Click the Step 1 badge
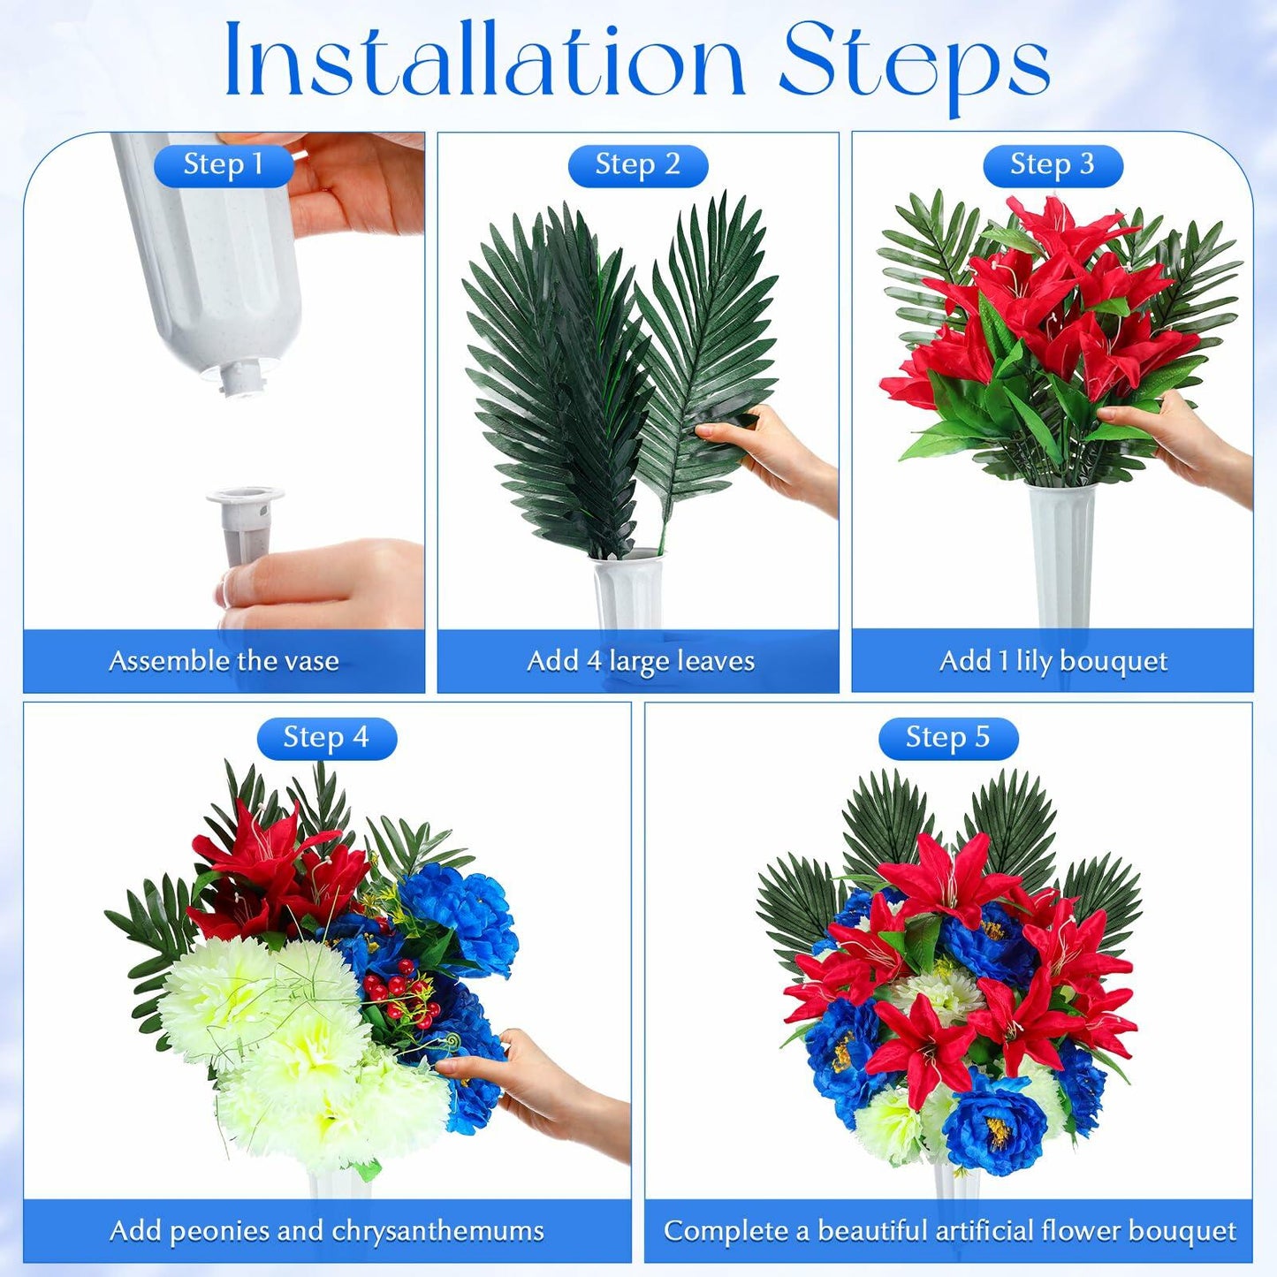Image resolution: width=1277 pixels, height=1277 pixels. [224, 165]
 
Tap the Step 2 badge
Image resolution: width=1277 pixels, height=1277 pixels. [637, 165]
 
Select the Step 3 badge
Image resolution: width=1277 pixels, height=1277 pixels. [1053, 165]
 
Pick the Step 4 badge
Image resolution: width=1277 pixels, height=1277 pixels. [327, 738]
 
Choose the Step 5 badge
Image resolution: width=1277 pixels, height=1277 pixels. [948, 738]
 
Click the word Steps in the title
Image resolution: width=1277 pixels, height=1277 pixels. [915, 66]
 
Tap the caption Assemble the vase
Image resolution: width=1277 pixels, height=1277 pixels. [224, 661]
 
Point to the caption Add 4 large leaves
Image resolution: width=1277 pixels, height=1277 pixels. [640, 662]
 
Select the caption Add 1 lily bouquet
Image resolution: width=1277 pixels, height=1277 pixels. [1053, 662]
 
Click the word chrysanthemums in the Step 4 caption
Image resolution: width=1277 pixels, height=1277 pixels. [437, 1232]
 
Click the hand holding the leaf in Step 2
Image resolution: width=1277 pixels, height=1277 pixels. [769, 457]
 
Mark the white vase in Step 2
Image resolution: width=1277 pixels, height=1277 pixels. [627, 589]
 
